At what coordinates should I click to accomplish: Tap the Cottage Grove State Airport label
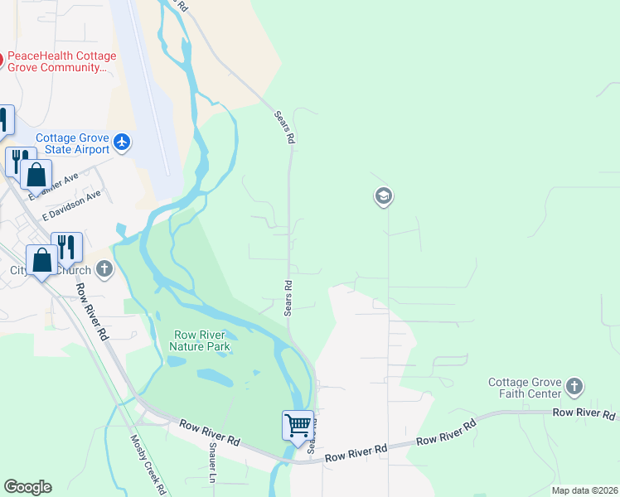[x=72, y=143]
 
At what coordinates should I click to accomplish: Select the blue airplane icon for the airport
[x=123, y=142]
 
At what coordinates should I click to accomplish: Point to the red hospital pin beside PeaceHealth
[x=2, y=59]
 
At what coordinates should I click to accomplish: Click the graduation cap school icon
[x=383, y=196]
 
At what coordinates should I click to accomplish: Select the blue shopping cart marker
[x=298, y=426]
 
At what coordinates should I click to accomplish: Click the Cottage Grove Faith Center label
[x=524, y=388]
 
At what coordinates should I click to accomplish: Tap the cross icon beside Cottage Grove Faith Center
[x=574, y=387]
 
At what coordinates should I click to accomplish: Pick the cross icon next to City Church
[x=104, y=268]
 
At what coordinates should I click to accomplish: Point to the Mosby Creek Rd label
[x=148, y=465]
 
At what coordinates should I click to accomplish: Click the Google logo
[x=27, y=486]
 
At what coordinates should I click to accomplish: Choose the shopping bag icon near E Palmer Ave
[x=36, y=175]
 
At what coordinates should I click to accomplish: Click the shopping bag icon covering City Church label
[x=41, y=260]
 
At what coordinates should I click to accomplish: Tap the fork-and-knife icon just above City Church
[x=66, y=247]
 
